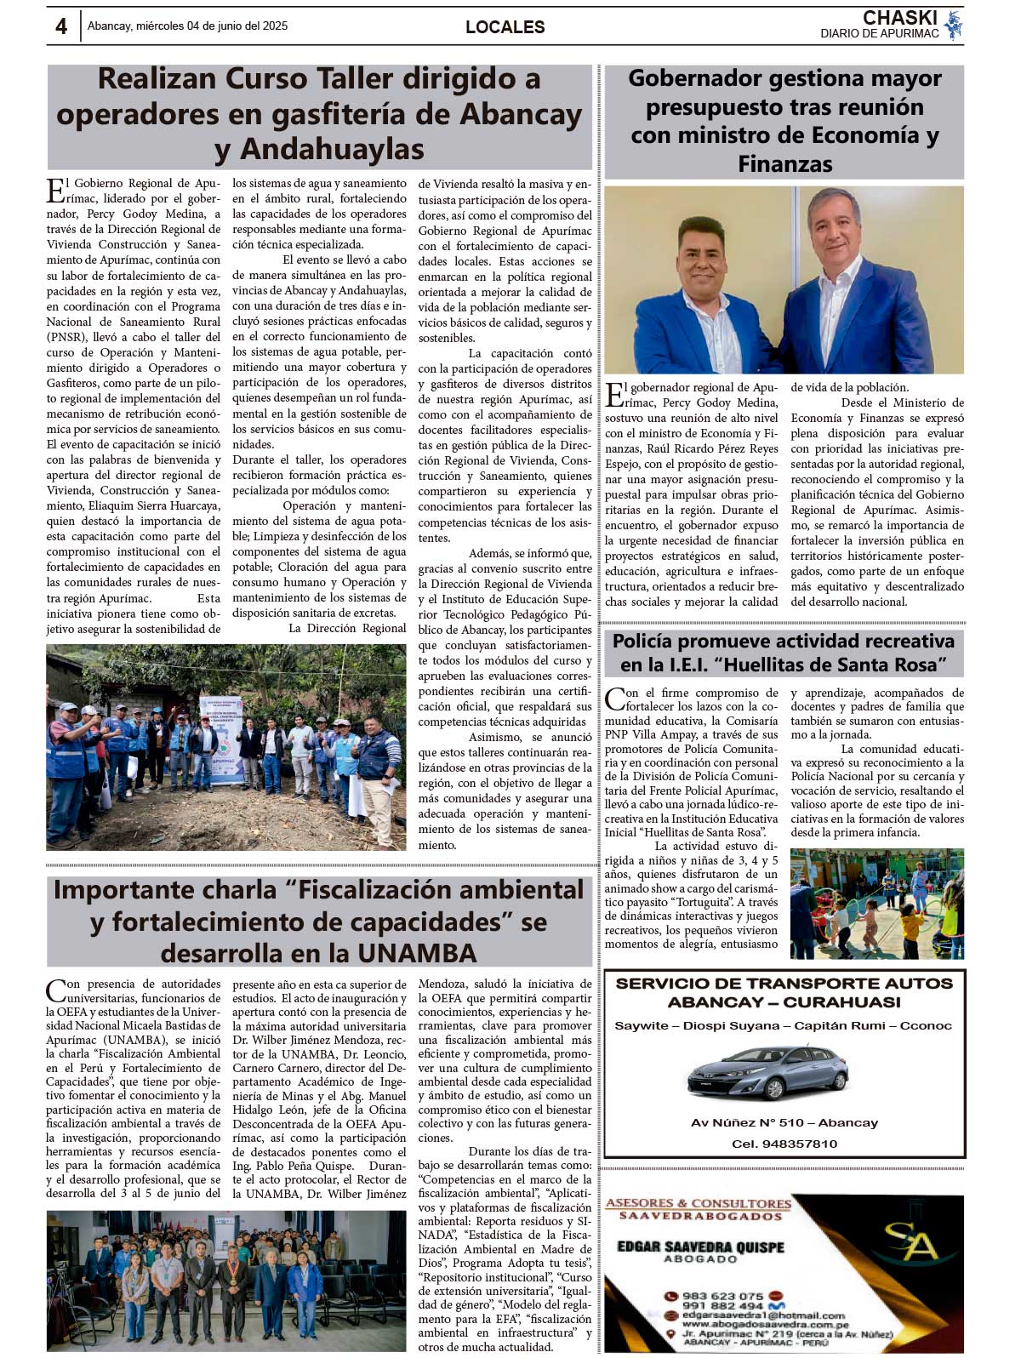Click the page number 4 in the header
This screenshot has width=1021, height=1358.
61,26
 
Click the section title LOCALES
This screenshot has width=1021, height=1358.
505,27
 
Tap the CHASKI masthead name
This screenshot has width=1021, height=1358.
899,18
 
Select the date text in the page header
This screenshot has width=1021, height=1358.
187,26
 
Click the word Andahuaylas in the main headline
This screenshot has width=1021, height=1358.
331,149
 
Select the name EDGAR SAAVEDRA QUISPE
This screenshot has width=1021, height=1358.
700,1247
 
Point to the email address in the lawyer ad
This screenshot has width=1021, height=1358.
762,1315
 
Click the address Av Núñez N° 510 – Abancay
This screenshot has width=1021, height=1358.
784,1122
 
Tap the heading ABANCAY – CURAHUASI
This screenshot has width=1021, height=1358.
784,1001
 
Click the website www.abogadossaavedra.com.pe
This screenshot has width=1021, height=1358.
764,1324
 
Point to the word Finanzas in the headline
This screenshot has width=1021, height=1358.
784,163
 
